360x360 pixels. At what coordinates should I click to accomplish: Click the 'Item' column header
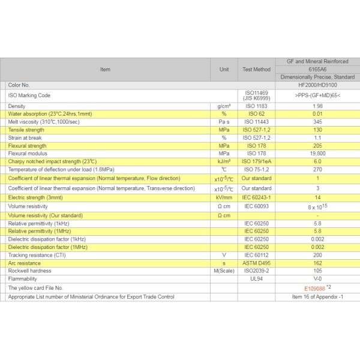tap(105, 69)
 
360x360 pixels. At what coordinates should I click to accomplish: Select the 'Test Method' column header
tap(256, 69)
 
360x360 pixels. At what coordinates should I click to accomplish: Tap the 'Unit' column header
tap(224, 69)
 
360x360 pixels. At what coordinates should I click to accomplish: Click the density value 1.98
tap(317, 106)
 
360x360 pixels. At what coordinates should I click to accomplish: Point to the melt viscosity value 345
tap(317, 122)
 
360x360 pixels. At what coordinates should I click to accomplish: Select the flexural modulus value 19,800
tap(317, 154)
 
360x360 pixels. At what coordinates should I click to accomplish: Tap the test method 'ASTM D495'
tap(256, 263)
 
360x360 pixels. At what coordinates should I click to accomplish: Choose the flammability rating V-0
tap(317, 278)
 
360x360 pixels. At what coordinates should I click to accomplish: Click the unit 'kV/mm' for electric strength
tap(224, 197)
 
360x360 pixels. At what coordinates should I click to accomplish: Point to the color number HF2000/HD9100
tap(317, 85)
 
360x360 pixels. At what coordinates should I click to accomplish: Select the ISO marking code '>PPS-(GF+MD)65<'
tap(317, 95)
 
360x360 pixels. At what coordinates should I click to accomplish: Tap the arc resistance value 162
tap(317, 263)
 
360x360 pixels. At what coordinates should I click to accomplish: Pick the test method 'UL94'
tap(256, 278)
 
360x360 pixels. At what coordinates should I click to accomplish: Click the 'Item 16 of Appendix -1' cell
tap(317, 296)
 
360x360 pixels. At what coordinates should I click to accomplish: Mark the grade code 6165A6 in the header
tap(317, 69)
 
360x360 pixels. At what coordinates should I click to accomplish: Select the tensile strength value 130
tap(317, 130)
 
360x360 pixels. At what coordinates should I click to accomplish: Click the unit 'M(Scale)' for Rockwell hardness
tap(224, 271)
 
